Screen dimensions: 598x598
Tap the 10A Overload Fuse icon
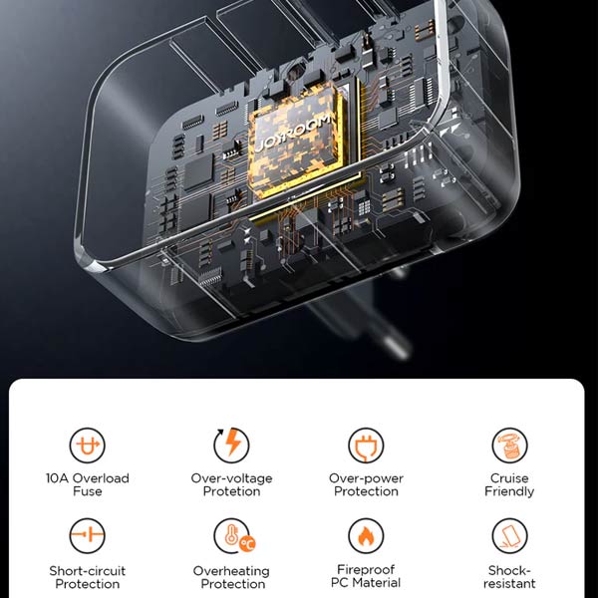[x=88, y=446]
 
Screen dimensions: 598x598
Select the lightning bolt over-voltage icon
[x=231, y=446]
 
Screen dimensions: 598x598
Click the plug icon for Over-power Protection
[x=366, y=446]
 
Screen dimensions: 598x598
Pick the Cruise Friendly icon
[x=509, y=446]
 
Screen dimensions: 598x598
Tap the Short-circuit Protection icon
[x=88, y=535]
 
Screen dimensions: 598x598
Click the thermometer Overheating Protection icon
[x=233, y=535]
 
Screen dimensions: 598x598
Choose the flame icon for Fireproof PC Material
[x=366, y=535]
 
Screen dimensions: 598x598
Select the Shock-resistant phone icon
[x=509, y=535]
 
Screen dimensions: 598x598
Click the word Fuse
[x=88, y=491]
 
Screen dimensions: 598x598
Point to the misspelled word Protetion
[x=231, y=491]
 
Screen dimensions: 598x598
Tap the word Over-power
[x=366, y=478]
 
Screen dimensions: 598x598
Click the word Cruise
[x=509, y=478]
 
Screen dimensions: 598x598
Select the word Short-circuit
[x=88, y=571]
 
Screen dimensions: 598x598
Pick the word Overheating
[x=231, y=571]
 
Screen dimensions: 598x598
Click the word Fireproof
[x=366, y=570]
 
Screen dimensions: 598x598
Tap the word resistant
[x=509, y=583]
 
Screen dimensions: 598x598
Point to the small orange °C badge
[x=247, y=544]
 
